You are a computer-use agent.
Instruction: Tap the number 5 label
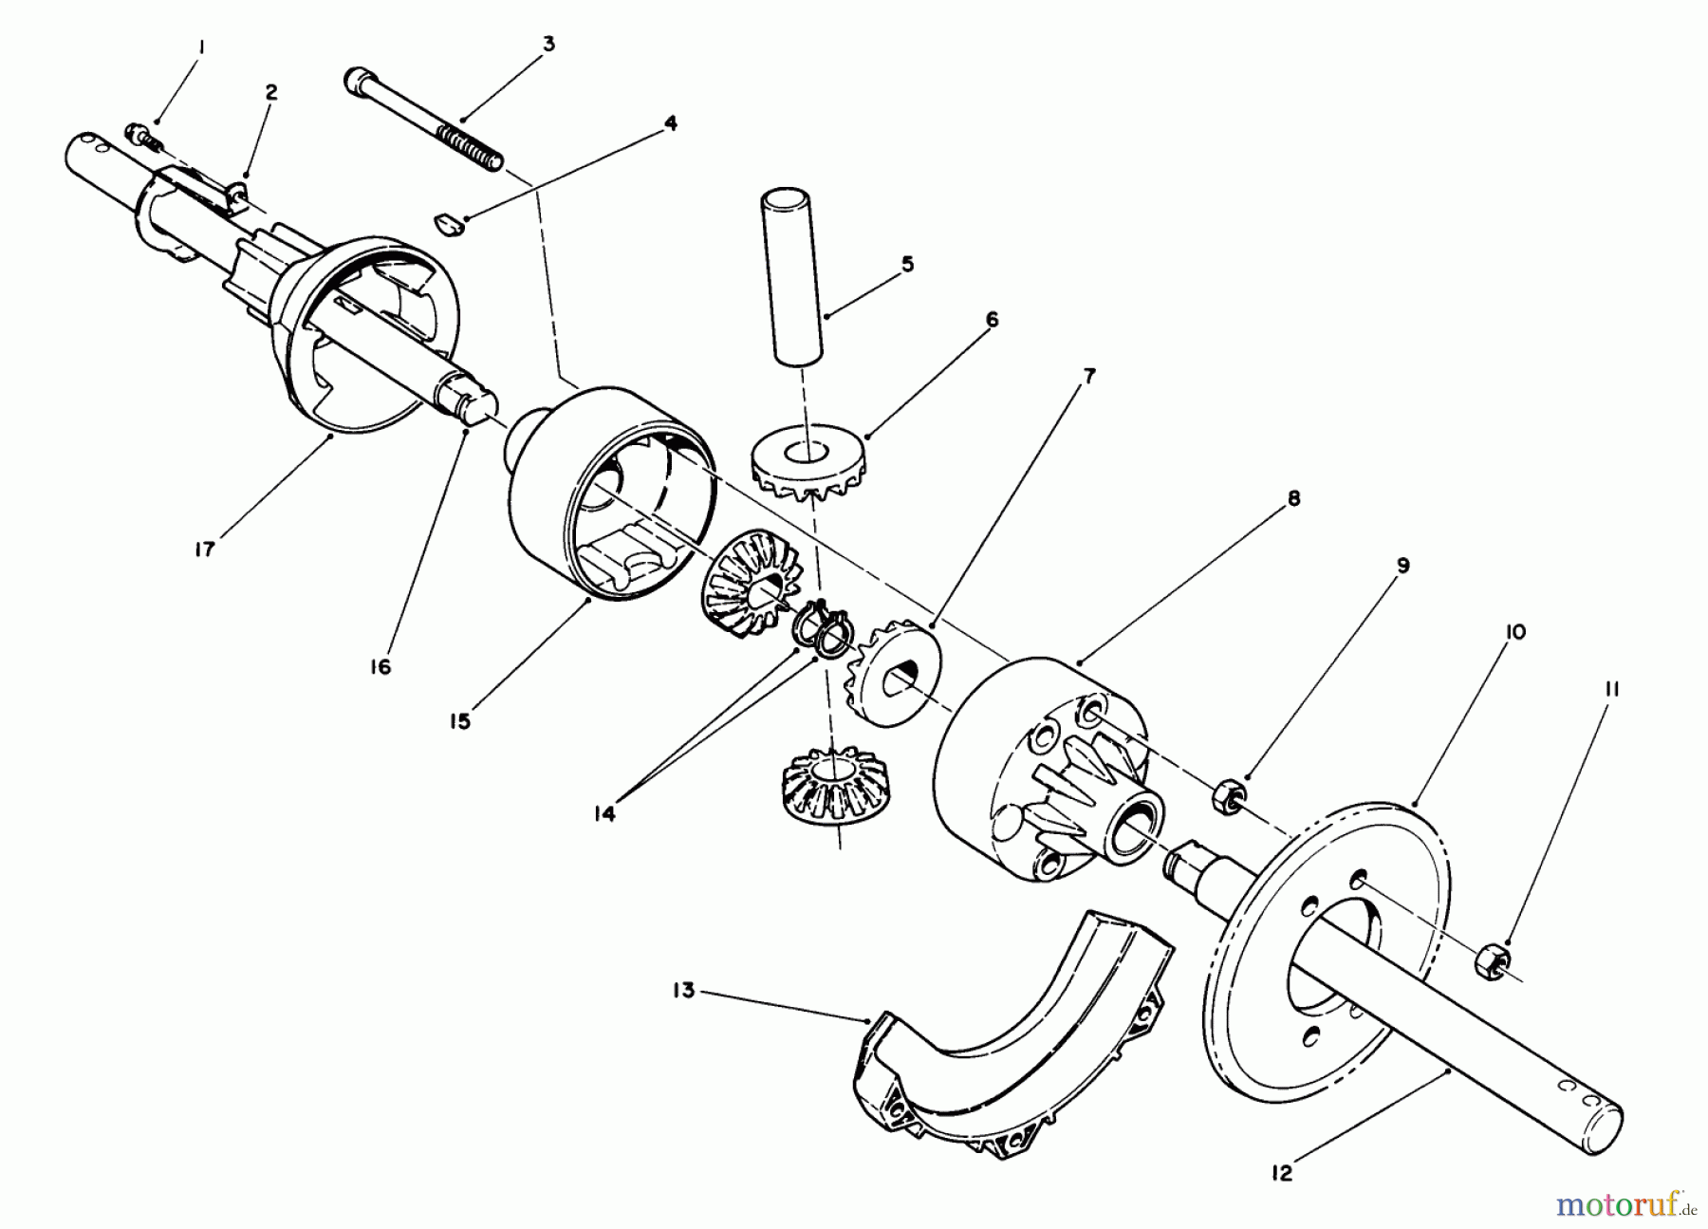[x=908, y=264]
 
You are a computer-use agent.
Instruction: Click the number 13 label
[x=684, y=990]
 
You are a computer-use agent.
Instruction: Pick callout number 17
[x=205, y=548]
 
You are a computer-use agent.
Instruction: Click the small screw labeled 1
[x=143, y=133]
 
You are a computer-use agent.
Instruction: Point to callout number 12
[x=1282, y=1174]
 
